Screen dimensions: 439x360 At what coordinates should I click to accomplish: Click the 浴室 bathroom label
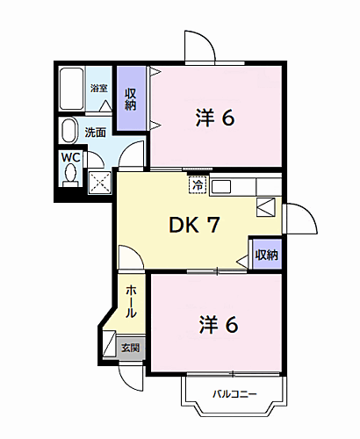[98, 88]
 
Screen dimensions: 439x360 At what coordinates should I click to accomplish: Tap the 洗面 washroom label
[96, 133]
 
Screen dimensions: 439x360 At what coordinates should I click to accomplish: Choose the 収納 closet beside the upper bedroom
[131, 99]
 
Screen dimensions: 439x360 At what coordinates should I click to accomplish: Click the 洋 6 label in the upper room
[216, 117]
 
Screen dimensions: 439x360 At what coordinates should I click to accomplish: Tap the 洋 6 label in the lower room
[217, 324]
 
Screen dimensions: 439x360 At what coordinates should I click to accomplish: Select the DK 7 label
[194, 226]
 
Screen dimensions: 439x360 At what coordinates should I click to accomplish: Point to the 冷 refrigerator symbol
[198, 185]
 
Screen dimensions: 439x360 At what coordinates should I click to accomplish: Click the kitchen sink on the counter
[220, 185]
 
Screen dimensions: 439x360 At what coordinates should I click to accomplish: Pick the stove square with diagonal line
[266, 207]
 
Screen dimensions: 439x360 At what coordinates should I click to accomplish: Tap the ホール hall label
[130, 301]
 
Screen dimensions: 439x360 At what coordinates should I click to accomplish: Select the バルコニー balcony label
[234, 393]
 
